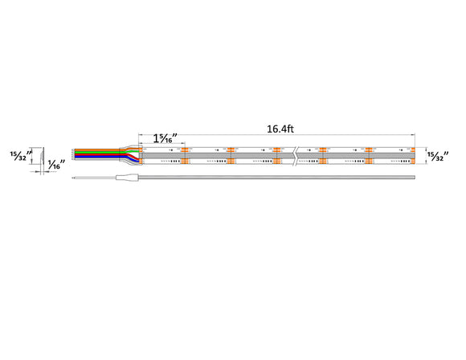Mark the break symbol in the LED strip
point(297,155)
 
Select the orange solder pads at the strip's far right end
point(412,155)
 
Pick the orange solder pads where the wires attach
point(141,155)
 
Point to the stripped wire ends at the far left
point(74,154)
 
